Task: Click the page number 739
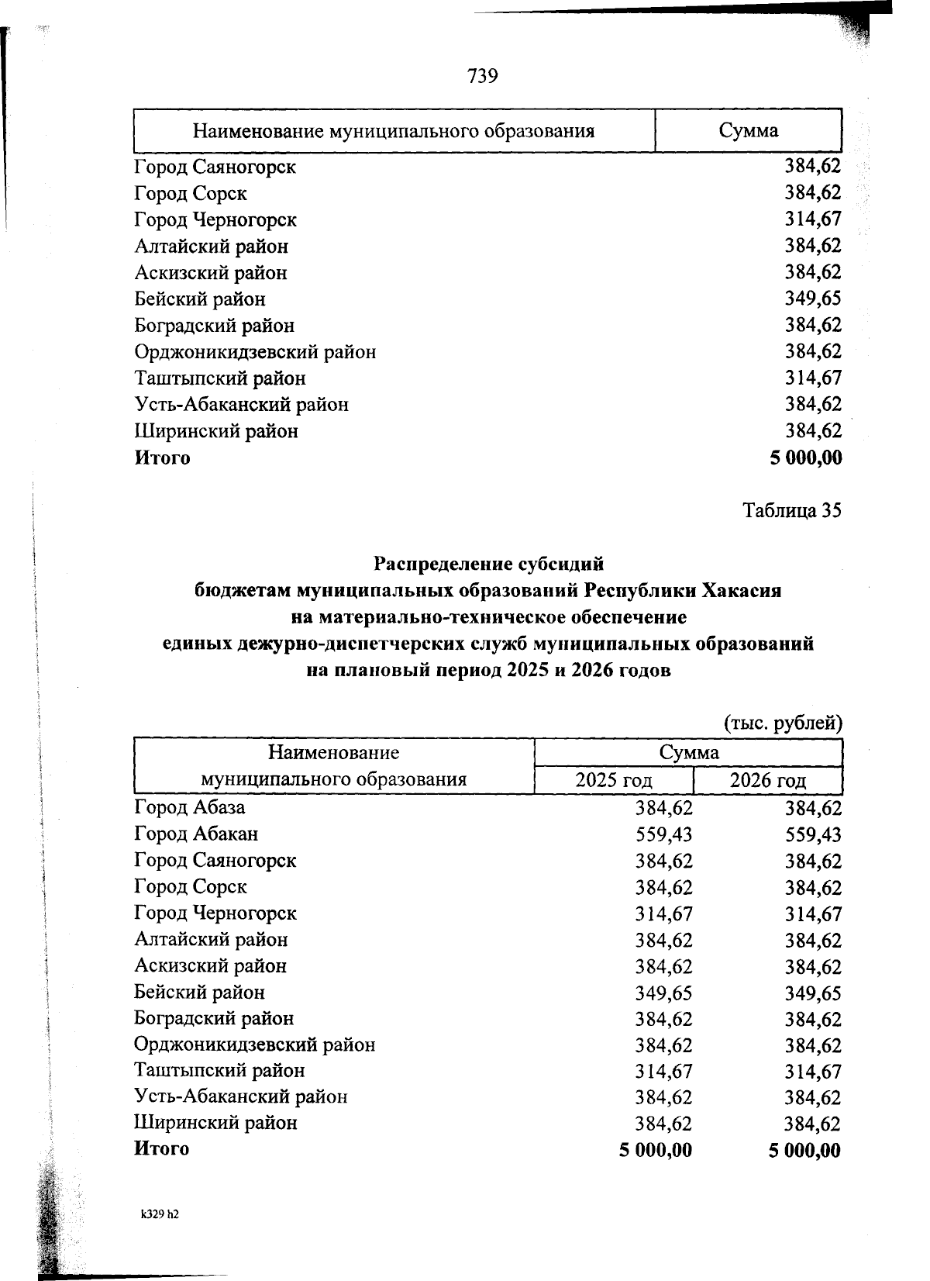click(481, 76)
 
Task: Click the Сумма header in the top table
click(748, 130)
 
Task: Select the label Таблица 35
click(791, 511)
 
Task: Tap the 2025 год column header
click(614, 780)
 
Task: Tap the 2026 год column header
click(767, 780)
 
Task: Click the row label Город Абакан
click(196, 834)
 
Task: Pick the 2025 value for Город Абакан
click(663, 834)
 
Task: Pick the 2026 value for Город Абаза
click(813, 808)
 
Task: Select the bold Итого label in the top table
click(162, 457)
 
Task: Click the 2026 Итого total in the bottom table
click(804, 1150)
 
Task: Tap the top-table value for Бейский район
click(813, 299)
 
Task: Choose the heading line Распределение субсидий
click(488, 563)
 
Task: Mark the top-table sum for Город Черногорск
click(813, 219)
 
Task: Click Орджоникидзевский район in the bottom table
click(254, 1044)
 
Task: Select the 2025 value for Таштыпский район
click(663, 1071)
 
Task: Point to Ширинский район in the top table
click(215, 431)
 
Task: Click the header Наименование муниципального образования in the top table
click(394, 130)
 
